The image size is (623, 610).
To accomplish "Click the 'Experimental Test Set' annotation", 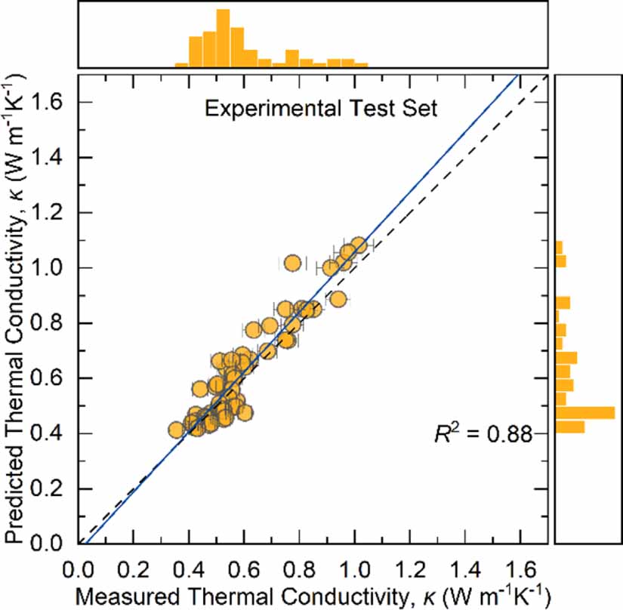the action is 321,109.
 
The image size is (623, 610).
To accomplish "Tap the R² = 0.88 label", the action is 483,433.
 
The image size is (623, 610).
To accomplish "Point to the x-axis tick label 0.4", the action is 189,570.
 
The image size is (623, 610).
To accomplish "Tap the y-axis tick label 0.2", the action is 46,489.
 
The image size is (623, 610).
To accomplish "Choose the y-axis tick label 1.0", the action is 46,268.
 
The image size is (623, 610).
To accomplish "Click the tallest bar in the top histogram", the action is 223,38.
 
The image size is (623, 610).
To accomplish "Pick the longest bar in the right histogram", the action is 585,413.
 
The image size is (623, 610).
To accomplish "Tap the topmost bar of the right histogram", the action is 559,248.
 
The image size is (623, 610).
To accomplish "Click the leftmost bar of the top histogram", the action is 181,65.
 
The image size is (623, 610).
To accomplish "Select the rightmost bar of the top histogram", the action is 361,65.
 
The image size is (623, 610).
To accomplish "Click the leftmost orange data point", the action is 177,430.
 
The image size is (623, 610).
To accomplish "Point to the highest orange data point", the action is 359,245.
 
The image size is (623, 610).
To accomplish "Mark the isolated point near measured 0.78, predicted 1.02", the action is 293,263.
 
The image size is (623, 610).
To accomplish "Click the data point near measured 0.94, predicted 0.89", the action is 338,300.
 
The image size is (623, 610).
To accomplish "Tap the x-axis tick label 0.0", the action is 78,570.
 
